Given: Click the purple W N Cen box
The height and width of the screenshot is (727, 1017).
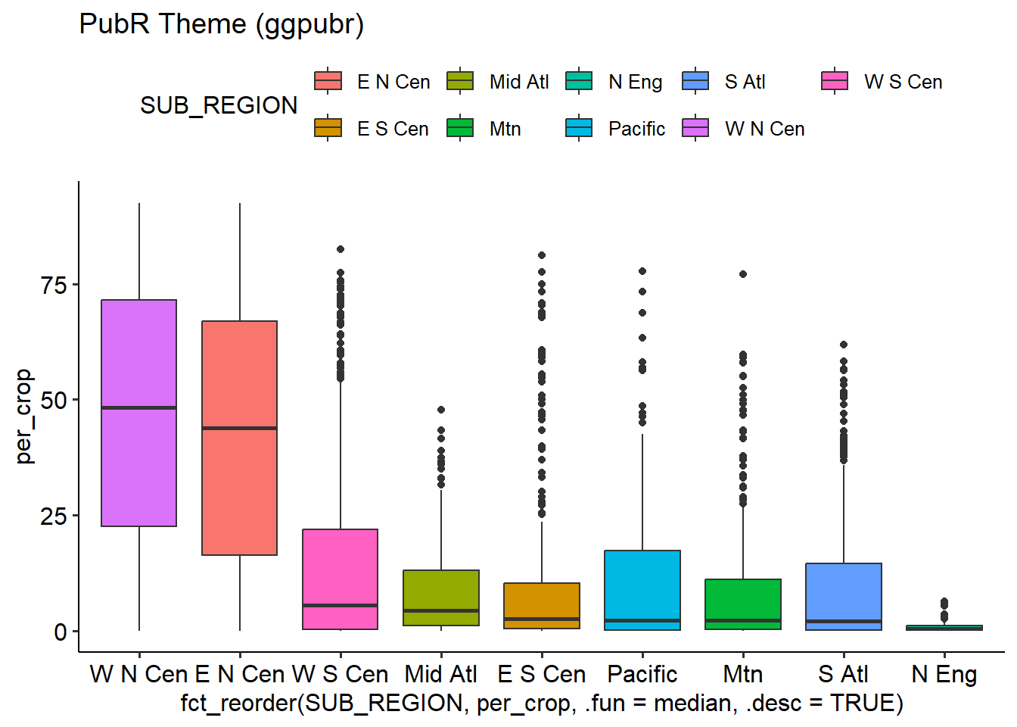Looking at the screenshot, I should (138, 454).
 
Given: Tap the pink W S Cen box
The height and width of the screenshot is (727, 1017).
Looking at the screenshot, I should (340, 568).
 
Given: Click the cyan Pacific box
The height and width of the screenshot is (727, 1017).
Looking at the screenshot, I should (642, 583).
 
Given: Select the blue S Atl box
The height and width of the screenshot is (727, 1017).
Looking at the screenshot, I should (844, 591).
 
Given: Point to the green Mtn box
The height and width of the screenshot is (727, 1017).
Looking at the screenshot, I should (743, 598).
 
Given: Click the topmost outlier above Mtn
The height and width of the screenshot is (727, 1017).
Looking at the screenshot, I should (743, 274).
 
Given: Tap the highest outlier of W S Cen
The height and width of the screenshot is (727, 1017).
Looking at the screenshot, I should (341, 249).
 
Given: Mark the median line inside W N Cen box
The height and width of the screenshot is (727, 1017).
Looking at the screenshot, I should (138, 407).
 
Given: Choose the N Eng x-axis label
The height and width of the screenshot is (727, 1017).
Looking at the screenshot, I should (944, 674).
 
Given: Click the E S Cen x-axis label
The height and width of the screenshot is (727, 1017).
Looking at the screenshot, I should (542, 674).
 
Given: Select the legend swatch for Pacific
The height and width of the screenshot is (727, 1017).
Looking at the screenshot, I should (579, 128).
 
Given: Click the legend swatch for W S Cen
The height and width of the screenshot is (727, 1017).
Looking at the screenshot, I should (835, 81).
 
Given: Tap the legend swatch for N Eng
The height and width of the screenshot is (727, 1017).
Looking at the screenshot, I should (579, 81).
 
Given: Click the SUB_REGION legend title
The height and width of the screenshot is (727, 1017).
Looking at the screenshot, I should (219, 105).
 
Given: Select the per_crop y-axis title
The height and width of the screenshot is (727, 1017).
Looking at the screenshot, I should (24, 416).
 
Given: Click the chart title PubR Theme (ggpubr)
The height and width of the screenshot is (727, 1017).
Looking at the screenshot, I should (222, 24).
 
